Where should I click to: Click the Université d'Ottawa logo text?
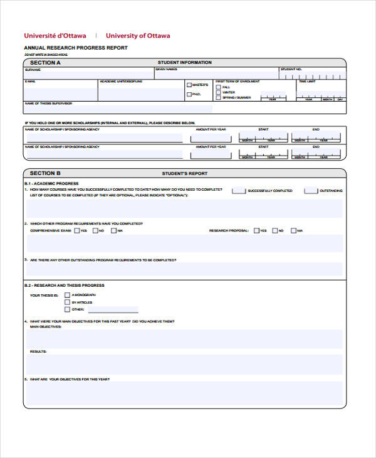[55, 36]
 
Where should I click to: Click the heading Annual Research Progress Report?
[76, 48]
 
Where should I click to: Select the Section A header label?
[45, 63]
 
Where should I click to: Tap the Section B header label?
[45, 173]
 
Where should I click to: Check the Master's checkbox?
[189, 84]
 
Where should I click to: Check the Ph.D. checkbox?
[189, 95]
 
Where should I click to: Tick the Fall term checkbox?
[218, 87]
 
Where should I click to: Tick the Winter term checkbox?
[218, 92]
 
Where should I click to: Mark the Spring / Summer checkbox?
[218, 97]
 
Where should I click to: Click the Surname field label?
[32, 70]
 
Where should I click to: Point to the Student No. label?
[291, 70]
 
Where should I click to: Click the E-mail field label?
[30, 82]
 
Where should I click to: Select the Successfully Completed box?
[238, 191]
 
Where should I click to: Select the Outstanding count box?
[310, 191]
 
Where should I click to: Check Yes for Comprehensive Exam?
[76, 230]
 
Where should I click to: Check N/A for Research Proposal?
[293, 230]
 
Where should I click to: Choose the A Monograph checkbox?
[67, 295]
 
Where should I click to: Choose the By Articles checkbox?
[67, 302]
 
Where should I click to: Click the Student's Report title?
[184, 173]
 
